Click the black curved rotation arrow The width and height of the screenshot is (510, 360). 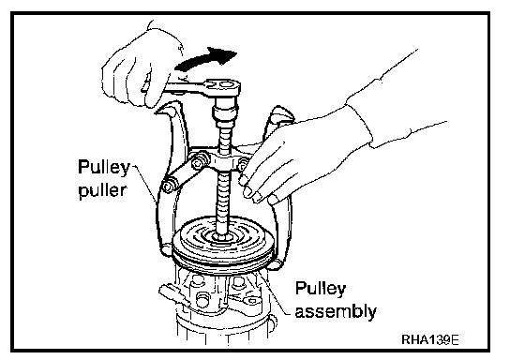(204, 58)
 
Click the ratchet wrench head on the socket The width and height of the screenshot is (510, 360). (223, 87)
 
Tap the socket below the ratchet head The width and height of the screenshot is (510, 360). (225, 112)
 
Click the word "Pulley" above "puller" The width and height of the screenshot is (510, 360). (103, 168)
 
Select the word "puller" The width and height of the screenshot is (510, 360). (102, 190)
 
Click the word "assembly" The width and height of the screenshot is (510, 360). (336, 311)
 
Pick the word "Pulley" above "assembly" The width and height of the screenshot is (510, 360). (320, 289)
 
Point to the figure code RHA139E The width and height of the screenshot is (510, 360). (430, 339)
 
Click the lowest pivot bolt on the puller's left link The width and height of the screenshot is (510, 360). (168, 187)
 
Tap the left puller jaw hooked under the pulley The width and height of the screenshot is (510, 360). (167, 249)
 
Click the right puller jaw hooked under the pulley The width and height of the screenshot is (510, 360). (276, 264)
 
